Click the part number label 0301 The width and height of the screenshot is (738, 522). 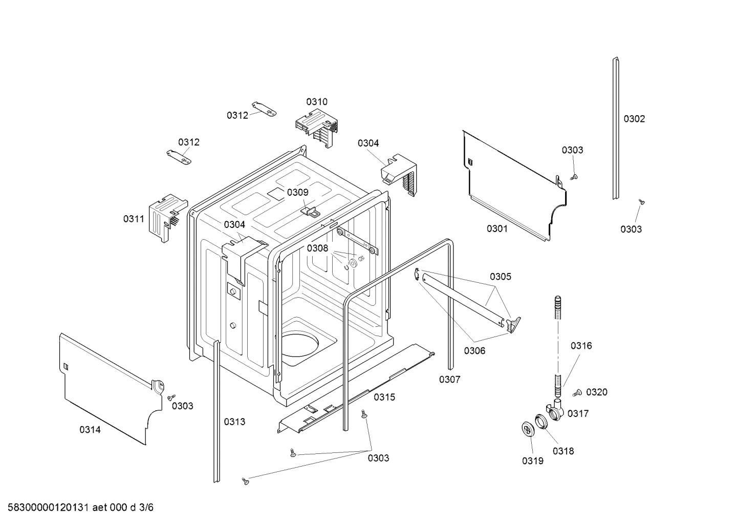tap(497, 228)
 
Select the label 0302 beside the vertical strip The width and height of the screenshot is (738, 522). tap(634, 119)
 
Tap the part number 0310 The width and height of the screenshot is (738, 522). tap(317, 101)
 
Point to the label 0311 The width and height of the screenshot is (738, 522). tap(134, 219)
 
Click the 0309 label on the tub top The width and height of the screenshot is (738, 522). tap(297, 192)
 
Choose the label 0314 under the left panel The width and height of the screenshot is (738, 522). tap(90, 430)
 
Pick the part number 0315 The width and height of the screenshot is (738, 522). tap(384, 397)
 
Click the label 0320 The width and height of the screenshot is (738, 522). tap(597, 392)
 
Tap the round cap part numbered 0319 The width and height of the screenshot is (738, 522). tap(528, 429)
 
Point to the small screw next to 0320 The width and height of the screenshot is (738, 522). tap(578, 393)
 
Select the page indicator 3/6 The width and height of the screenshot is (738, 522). tap(146, 508)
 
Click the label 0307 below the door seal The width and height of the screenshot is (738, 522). tap(449, 379)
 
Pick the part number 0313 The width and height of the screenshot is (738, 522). tap(234, 422)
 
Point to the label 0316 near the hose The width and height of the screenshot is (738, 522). tap(581, 346)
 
